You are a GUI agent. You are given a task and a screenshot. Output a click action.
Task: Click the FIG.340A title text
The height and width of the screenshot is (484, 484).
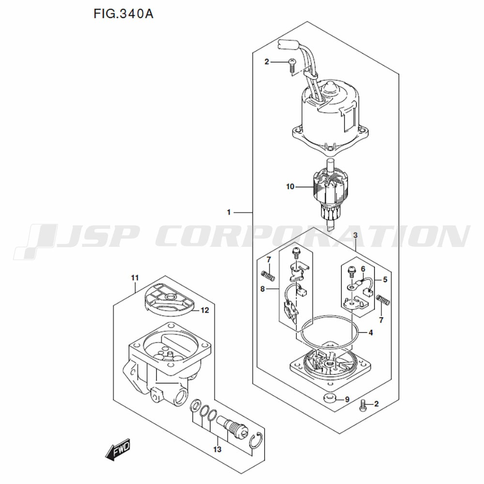[x=123, y=14]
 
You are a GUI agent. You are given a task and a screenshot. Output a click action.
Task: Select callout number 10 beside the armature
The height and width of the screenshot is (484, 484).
[x=290, y=187]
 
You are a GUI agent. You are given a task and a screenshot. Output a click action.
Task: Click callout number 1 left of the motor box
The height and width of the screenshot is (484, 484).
[x=229, y=212]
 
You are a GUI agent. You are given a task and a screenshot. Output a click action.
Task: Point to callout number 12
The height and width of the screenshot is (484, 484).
[x=205, y=310]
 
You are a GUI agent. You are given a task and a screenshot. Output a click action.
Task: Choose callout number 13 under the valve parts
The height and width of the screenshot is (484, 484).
[x=217, y=449]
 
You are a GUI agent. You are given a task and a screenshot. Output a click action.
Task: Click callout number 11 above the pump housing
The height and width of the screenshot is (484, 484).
[x=135, y=278]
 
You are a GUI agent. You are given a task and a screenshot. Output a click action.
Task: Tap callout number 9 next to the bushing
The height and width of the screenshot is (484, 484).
[x=347, y=399]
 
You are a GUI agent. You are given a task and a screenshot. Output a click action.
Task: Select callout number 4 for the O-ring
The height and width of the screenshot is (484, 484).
[x=371, y=333]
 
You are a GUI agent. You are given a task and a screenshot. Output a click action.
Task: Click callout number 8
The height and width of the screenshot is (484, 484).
[x=263, y=289]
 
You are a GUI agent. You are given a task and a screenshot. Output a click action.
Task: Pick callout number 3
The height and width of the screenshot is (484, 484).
[x=355, y=235]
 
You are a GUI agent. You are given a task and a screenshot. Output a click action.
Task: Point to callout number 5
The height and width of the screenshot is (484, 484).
[x=385, y=280]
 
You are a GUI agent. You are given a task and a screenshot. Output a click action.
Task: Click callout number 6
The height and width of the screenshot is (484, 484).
[x=363, y=269]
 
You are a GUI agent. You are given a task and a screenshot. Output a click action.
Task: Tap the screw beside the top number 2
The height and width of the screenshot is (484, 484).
[x=292, y=65]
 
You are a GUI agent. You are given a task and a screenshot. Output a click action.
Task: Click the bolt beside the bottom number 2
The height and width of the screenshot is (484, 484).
[x=363, y=406]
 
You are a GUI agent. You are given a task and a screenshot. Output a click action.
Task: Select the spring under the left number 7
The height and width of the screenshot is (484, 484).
[x=268, y=275]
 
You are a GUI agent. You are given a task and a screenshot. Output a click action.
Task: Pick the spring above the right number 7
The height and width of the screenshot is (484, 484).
[x=383, y=300]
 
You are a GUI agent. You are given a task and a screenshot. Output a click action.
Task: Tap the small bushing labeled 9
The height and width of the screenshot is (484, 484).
[x=330, y=399]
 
